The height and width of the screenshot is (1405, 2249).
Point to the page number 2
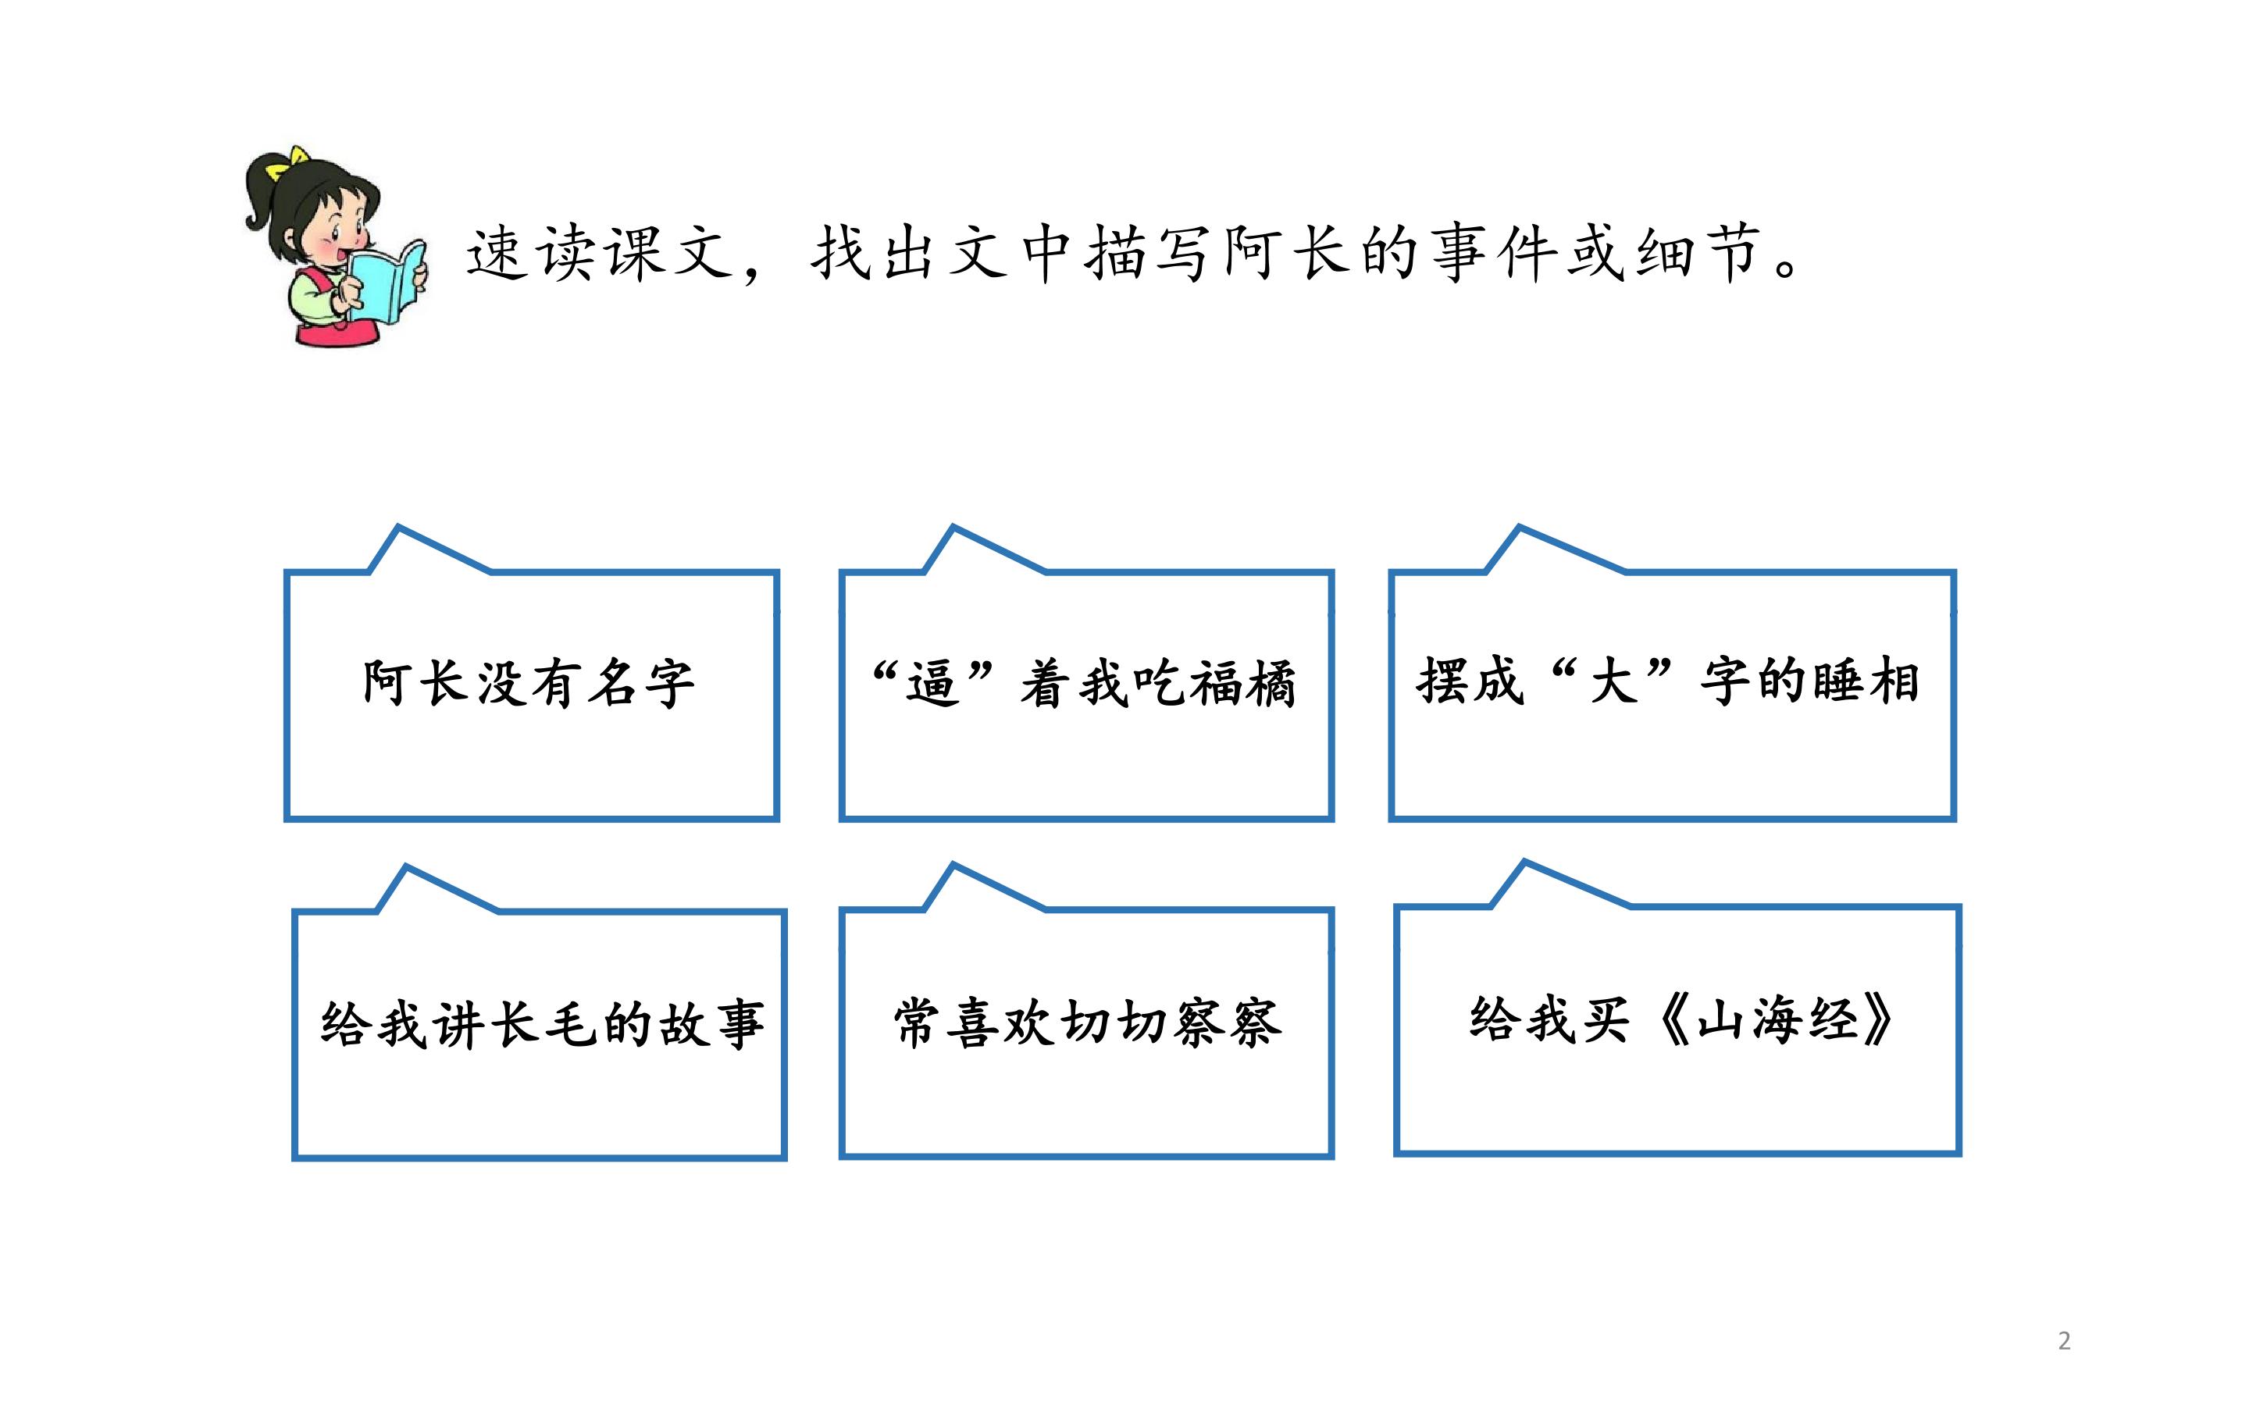click(x=2064, y=1341)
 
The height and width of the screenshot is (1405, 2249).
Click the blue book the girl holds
click(x=388, y=283)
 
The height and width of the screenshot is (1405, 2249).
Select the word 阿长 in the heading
click(x=1287, y=253)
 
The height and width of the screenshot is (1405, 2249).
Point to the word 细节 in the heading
click(x=1698, y=253)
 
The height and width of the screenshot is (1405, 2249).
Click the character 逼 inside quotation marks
click(x=932, y=685)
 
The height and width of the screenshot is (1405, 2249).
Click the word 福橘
click(x=1242, y=685)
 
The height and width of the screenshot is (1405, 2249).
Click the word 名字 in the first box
click(x=641, y=685)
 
